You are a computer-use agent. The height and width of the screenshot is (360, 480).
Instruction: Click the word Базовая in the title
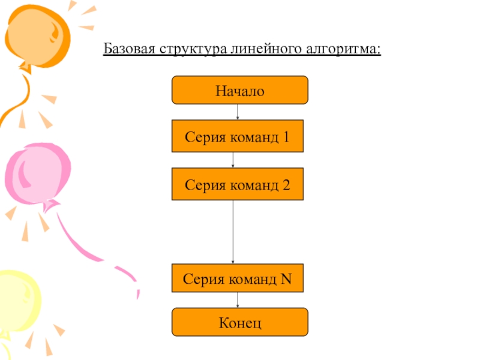(x=129, y=49)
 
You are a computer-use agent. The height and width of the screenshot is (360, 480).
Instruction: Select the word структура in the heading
(x=193, y=49)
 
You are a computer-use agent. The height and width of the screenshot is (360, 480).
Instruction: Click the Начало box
(x=239, y=90)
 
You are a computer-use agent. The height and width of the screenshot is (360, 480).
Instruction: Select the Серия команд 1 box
(x=238, y=136)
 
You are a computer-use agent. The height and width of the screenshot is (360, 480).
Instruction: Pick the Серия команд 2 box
(x=238, y=184)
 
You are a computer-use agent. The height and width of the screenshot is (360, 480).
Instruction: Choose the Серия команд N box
(x=238, y=278)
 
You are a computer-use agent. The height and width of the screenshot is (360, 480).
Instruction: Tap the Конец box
(x=239, y=322)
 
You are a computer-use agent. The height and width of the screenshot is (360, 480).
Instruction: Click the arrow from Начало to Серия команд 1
(x=238, y=112)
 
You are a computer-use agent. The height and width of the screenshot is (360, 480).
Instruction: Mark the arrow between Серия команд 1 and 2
(x=233, y=160)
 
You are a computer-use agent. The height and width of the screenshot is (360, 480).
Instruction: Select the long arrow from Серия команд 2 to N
(x=233, y=232)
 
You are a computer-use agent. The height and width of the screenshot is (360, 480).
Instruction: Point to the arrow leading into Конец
(x=238, y=300)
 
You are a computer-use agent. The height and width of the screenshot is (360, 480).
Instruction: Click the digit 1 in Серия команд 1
(x=286, y=137)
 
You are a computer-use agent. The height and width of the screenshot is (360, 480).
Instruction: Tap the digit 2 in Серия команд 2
(x=286, y=185)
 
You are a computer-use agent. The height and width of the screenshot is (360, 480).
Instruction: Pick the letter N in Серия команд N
(x=286, y=279)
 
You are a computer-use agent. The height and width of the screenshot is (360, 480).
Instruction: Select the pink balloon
(x=37, y=175)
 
